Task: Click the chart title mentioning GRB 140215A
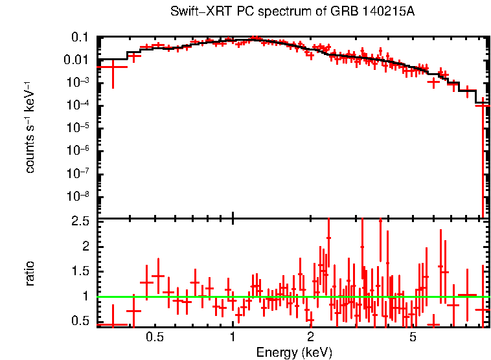[x=292, y=12]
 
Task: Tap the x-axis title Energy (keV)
[x=294, y=352]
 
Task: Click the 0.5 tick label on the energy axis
[x=155, y=338]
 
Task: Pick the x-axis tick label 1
[x=233, y=338]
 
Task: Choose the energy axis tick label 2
[x=310, y=338]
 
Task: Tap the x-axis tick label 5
[x=413, y=338]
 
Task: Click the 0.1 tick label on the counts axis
[x=80, y=38]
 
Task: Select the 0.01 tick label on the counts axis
[x=76, y=60]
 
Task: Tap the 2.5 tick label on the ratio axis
[x=80, y=221]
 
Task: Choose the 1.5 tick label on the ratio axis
[x=80, y=271]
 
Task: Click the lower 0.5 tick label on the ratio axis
[x=80, y=321]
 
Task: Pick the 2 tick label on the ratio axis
[x=85, y=247]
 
